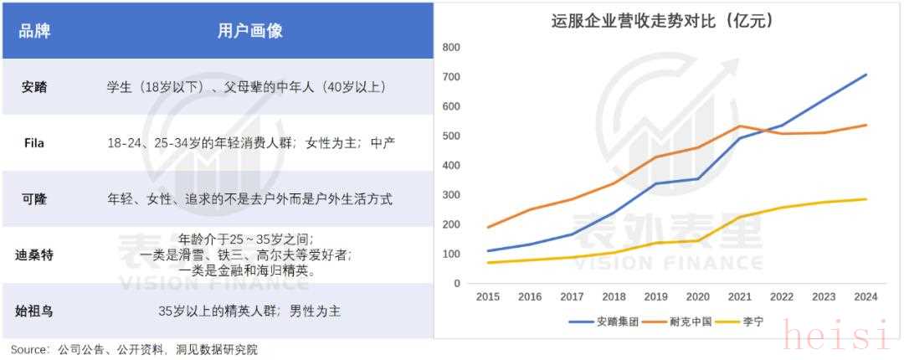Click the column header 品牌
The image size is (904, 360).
[34, 31]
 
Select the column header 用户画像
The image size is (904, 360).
[249, 31]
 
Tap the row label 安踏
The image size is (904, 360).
[34, 87]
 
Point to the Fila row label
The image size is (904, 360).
[34, 143]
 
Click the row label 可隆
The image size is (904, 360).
[34, 199]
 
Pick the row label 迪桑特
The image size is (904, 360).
[34, 255]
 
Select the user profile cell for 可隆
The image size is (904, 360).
[249, 199]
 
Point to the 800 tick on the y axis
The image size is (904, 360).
[451, 48]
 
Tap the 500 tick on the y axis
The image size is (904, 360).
[451, 136]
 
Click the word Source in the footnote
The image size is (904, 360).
[26, 349]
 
